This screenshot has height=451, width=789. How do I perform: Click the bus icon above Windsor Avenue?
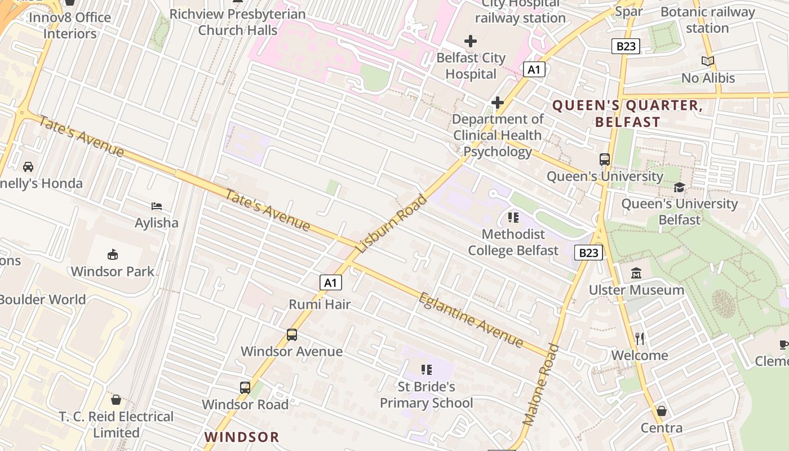[x=292, y=335]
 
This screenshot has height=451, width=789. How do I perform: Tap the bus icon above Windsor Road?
[x=245, y=388]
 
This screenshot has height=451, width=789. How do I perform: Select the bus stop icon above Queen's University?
[x=605, y=160]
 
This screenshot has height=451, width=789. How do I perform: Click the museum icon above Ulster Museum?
[x=636, y=273]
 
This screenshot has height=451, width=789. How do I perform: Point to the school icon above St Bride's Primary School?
[x=427, y=370]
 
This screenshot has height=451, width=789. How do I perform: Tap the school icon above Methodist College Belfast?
[x=513, y=217]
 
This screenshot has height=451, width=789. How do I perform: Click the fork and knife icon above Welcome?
[x=640, y=338]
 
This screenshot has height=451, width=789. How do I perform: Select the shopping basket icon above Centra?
[x=662, y=411]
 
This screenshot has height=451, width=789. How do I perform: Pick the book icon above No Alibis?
[x=708, y=61]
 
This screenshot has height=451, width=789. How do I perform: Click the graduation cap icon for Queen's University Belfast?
[x=679, y=187]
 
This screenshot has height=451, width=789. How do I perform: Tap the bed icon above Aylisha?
[x=157, y=206]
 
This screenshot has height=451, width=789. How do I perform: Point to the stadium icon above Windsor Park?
[x=113, y=254]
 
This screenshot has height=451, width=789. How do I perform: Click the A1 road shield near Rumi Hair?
[x=331, y=282]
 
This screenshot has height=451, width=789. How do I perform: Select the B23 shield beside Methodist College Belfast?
[x=588, y=252]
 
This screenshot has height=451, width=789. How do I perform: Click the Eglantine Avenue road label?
[x=471, y=319]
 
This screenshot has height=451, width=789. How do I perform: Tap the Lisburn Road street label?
[x=392, y=224]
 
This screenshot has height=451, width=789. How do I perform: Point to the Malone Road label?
[x=540, y=384]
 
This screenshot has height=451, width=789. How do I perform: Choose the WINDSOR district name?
[x=242, y=437]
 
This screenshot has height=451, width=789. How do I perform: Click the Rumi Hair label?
[x=320, y=304]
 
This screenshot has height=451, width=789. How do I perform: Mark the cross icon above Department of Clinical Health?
[x=497, y=103]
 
